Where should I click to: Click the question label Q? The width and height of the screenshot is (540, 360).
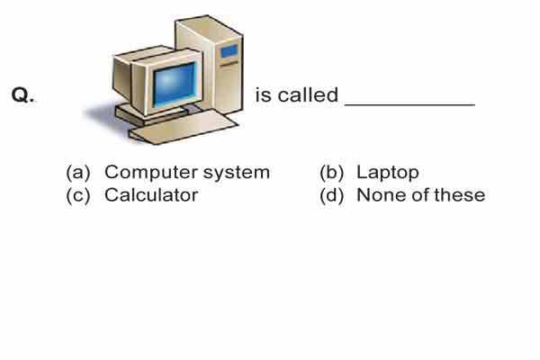coord(22,94)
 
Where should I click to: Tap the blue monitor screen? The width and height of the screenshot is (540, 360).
coord(175,84)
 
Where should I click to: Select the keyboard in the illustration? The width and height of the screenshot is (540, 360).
coord(184,127)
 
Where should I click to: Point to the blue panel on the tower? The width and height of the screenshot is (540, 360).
coord(229,52)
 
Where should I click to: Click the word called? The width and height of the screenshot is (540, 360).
coord(308,94)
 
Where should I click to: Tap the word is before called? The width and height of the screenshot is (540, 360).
coord(263,95)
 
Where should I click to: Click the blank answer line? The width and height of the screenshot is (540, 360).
coord(409,104)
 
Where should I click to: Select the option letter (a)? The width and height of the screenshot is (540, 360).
coord(77,172)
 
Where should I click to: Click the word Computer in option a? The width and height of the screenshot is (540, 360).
coord(151,173)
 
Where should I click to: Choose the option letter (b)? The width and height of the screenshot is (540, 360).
coord(331,172)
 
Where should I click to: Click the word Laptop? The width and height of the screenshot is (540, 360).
coord(388,173)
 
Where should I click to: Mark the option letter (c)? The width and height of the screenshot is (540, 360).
coord(77,195)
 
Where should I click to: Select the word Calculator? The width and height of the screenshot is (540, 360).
coord(151,195)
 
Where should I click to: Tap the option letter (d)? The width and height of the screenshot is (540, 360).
coord(331,195)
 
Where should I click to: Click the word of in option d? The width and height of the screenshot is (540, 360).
coord(421,195)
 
